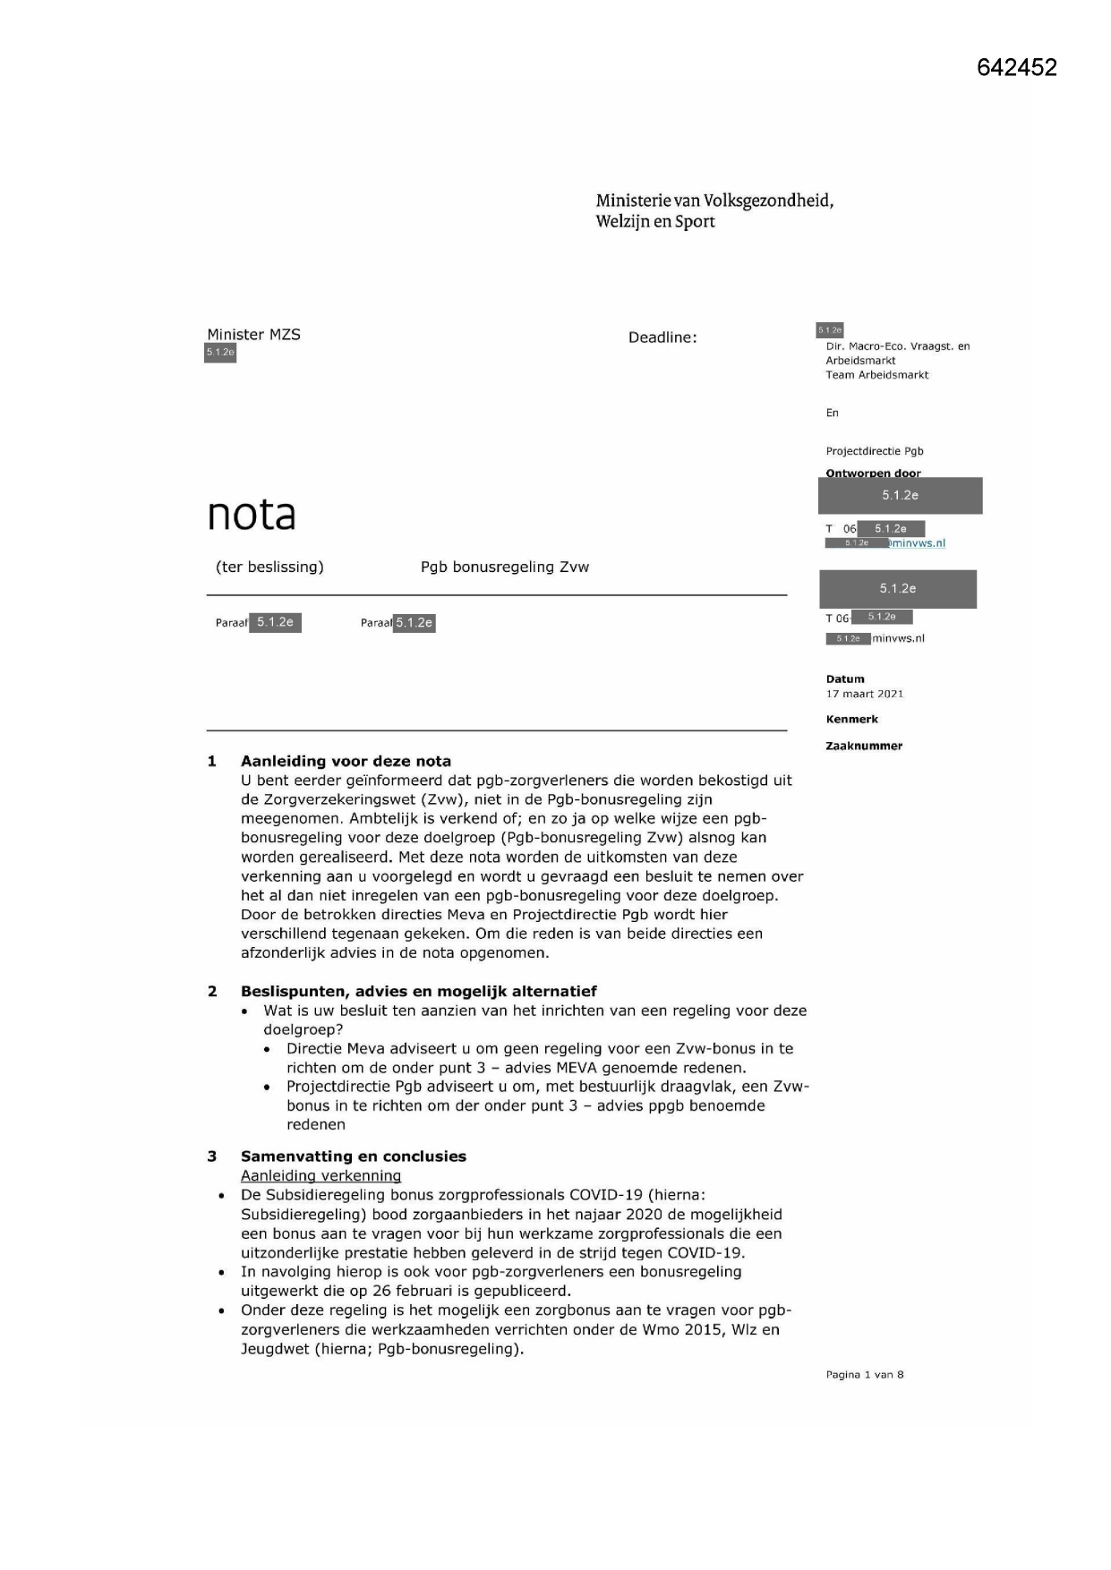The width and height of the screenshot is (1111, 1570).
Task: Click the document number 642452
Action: (1016, 67)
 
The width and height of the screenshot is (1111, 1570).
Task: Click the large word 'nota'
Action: (251, 514)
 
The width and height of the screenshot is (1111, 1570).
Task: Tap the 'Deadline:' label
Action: (662, 337)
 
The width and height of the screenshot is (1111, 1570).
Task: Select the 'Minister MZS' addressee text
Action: (253, 334)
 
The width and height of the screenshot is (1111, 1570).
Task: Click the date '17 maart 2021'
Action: (864, 694)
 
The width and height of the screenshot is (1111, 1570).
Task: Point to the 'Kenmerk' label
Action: (851, 719)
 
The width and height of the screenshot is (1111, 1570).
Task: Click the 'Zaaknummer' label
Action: (863, 746)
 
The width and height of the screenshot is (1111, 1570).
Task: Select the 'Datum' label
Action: (845, 678)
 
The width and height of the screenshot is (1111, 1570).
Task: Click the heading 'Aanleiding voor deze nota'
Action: (346, 761)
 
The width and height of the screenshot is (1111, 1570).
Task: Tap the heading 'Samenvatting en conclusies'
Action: (353, 1156)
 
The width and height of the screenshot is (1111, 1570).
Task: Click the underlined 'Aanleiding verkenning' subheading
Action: (320, 1175)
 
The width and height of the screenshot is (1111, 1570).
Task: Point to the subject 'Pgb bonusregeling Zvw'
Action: (505, 567)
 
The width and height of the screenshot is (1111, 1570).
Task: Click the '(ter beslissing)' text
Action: (269, 567)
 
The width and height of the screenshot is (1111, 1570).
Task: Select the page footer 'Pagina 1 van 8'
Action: (864, 1374)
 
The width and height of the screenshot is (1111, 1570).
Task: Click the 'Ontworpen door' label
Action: (873, 473)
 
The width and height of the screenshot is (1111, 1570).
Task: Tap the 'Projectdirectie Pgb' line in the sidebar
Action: (874, 451)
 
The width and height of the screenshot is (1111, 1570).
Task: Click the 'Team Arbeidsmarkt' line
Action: (876, 375)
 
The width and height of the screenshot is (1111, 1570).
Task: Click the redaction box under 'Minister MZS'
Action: (220, 353)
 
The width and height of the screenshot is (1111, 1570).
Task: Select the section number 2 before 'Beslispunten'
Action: (212, 991)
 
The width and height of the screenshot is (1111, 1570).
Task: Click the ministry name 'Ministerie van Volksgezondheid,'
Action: (714, 201)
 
